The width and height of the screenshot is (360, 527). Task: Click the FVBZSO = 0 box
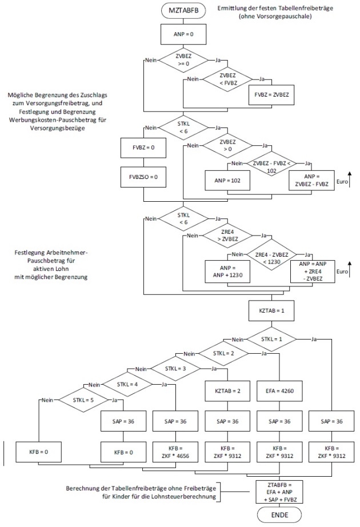click(143, 177)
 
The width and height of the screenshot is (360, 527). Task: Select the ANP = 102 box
click(227, 180)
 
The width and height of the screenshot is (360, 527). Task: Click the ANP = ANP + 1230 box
click(227, 270)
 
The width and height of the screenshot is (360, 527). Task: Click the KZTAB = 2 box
click(227, 392)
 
